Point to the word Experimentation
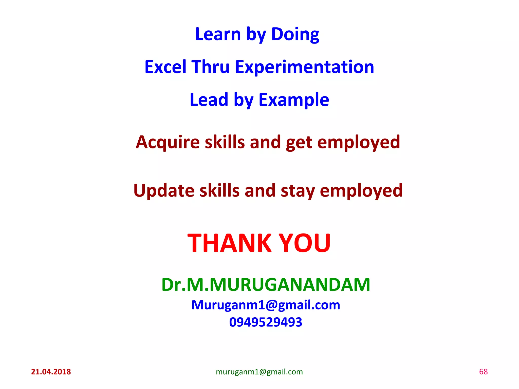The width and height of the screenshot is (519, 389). pyautogui.click(x=304, y=67)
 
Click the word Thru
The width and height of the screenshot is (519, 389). pyautogui.click(x=210, y=67)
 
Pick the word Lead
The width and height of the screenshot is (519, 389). pyautogui.click(x=209, y=100)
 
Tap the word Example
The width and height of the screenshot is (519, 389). pyautogui.click(x=294, y=100)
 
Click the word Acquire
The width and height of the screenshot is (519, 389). pyautogui.click(x=168, y=142)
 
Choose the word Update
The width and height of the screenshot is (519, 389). pyautogui.click(x=164, y=190)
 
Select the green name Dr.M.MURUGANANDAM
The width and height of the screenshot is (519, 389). pyautogui.click(x=266, y=285)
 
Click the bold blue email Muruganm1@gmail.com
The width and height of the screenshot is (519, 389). pyautogui.click(x=266, y=305)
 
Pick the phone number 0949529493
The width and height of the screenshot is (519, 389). pyautogui.click(x=266, y=322)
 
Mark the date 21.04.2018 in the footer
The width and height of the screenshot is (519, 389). pyautogui.click(x=51, y=372)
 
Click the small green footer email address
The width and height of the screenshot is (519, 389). pyautogui.click(x=259, y=372)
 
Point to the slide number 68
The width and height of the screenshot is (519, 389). pyautogui.click(x=483, y=372)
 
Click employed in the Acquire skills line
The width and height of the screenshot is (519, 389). pyautogui.click(x=359, y=142)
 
